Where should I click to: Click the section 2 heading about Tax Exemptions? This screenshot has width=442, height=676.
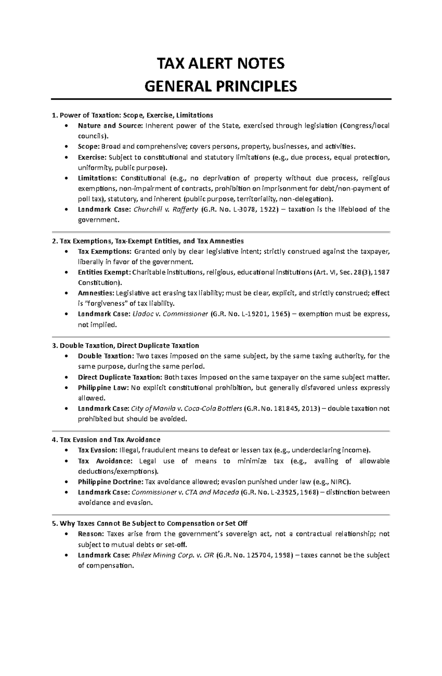coord(148,241)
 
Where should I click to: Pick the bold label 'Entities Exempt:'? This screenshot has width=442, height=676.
coord(104,273)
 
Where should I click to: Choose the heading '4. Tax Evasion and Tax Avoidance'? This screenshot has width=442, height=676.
coord(106,440)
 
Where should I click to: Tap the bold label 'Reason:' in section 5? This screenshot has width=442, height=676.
coord(91,534)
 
